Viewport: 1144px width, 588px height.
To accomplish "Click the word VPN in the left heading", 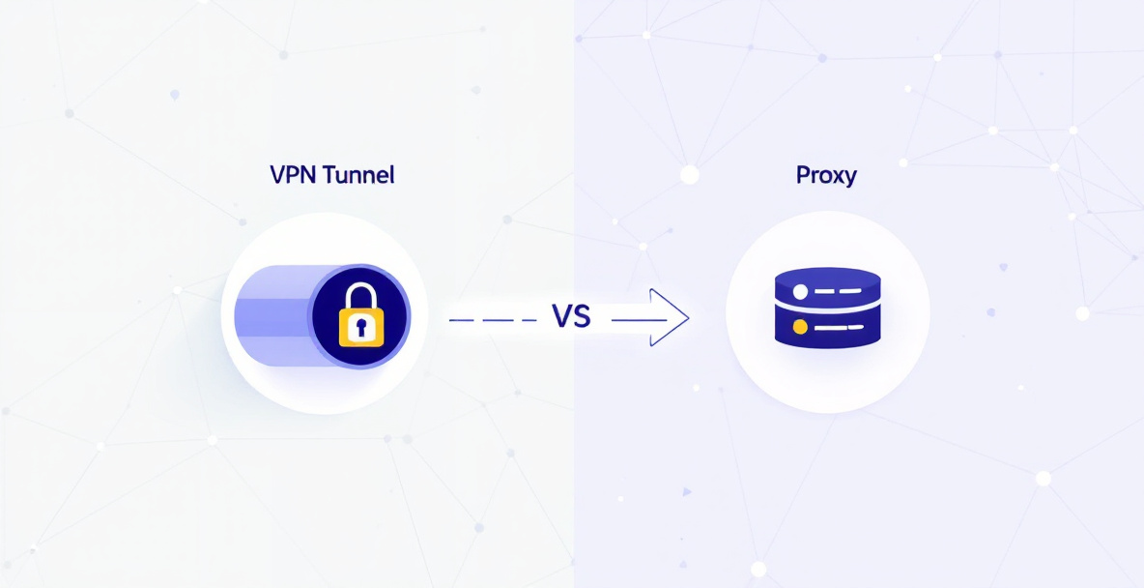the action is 288,175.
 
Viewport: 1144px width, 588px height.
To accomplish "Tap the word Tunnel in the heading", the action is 353,175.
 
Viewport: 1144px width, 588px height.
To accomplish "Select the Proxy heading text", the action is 825,177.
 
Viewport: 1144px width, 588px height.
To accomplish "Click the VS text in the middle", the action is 570,318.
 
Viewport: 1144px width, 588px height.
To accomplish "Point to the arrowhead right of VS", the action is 670,318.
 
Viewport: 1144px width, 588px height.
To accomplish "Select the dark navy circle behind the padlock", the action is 360,315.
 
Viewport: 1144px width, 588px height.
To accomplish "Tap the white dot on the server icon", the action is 800,292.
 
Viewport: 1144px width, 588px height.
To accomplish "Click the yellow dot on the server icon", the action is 800,327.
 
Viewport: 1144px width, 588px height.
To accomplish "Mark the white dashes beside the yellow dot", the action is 833,327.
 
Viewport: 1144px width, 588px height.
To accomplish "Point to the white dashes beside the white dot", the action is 833,291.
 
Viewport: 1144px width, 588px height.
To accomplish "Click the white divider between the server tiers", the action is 827,309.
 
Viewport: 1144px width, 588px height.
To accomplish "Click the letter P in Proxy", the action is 803,175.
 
